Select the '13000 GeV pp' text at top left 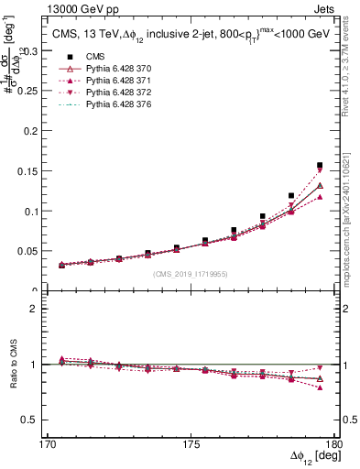coord(66,8)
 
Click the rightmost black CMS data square coord(320,166)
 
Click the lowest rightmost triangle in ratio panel coord(320,387)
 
